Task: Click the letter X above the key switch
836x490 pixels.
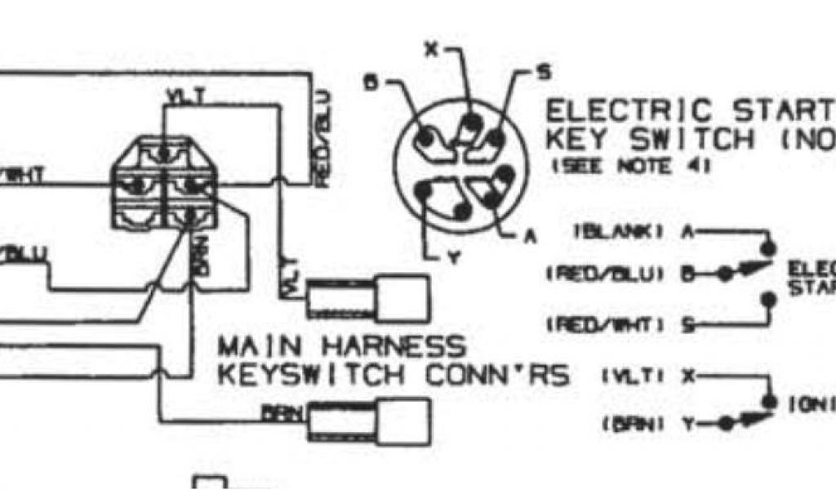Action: point(432,50)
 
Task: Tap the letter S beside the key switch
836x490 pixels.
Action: point(543,73)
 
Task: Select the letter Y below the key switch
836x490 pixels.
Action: point(456,260)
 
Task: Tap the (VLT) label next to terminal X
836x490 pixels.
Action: point(630,376)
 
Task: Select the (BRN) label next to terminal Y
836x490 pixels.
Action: point(629,423)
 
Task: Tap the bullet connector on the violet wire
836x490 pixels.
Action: point(367,296)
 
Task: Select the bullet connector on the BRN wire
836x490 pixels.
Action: point(368,421)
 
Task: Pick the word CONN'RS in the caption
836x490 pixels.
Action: point(497,375)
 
